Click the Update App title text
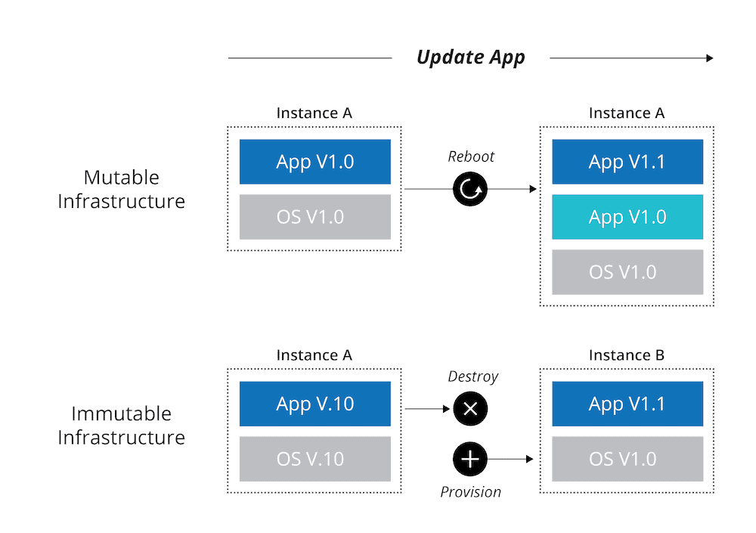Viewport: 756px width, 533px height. [470, 57]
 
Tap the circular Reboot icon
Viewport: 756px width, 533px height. [470, 189]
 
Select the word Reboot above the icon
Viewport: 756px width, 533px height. [471, 156]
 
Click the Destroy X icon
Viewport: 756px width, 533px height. [470, 409]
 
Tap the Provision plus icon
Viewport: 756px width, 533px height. [470, 458]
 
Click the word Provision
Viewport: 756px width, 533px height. [470, 492]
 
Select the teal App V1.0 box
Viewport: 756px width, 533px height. [627, 217]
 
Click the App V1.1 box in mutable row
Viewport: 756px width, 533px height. [627, 162]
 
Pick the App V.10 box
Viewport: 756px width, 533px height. [315, 404]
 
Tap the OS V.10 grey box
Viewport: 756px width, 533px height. [315, 459]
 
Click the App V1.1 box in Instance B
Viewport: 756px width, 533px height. [627, 404]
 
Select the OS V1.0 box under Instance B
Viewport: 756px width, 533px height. [627, 459]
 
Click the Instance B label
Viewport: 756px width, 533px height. [627, 355]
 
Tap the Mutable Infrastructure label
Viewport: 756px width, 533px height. [122, 189]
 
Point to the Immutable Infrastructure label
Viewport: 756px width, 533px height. [122, 426]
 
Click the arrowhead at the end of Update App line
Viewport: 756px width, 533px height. [709, 58]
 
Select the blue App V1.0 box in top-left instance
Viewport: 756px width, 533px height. [315, 162]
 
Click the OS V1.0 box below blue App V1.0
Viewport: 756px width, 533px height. [315, 217]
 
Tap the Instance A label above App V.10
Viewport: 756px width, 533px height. [314, 355]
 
